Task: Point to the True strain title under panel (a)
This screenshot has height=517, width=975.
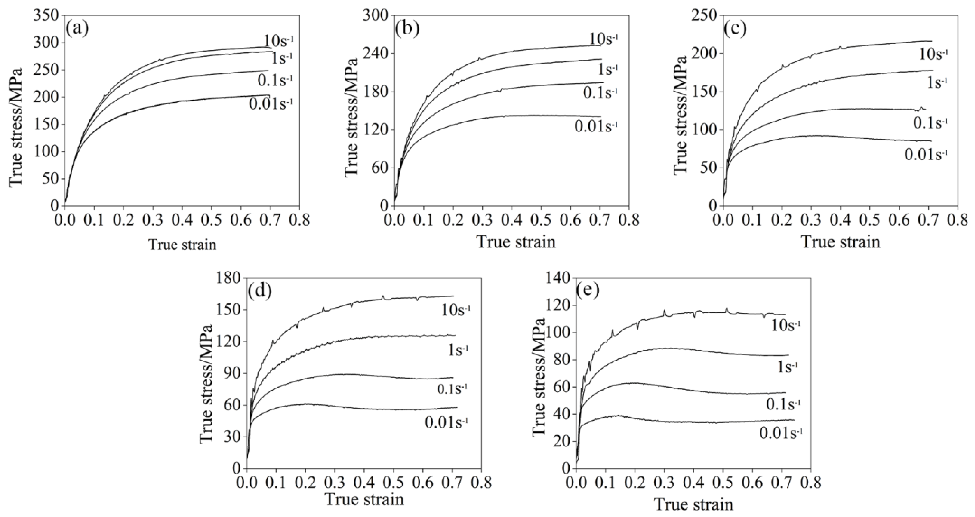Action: (x=182, y=245)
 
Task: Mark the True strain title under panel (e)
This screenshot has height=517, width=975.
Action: (x=694, y=505)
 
